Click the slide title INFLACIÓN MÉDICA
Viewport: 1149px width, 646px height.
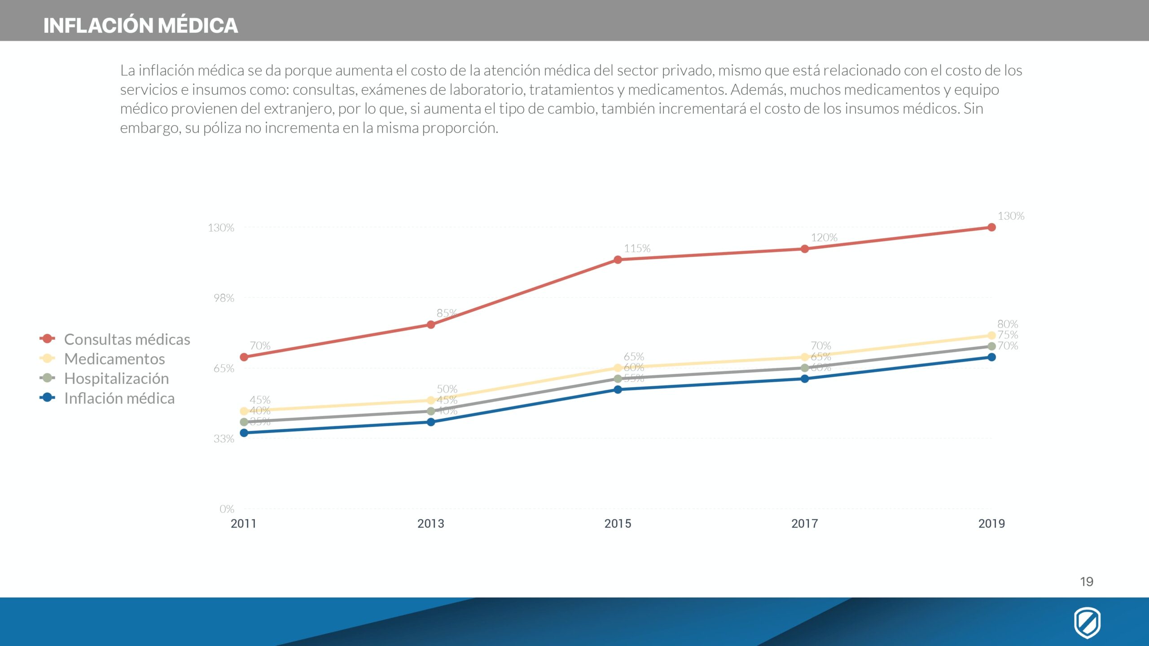click(x=140, y=26)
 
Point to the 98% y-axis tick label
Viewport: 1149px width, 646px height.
click(x=224, y=298)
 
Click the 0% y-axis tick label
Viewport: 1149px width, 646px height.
click(x=227, y=509)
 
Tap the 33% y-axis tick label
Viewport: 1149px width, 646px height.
click(x=224, y=439)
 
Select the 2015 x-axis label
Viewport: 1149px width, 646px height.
click(x=618, y=524)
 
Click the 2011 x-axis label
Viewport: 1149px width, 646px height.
click(x=243, y=524)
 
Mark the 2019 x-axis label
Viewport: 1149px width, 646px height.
click(x=991, y=524)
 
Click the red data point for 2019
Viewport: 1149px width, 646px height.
click(x=991, y=227)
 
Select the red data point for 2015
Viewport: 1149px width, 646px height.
click(x=618, y=260)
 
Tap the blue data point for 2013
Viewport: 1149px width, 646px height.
click(x=431, y=422)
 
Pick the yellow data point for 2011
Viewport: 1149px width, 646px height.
click(x=244, y=411)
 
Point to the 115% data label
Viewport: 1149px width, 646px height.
click(x=637, y=249)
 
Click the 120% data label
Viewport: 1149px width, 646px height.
click(x=824, y=238)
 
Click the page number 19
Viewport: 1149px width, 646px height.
click(x=1087, y=582)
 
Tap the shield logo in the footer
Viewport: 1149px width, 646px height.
click(x=1087, y=623)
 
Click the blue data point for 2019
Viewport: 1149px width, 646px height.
click(x=991, y=357)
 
